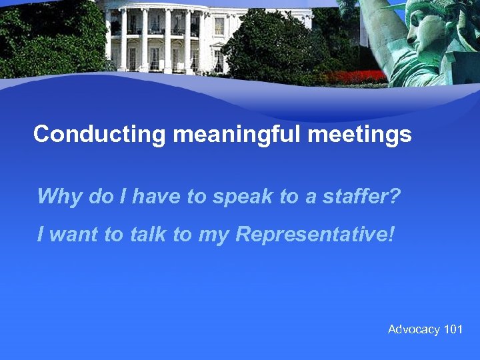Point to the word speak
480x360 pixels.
click(234, 197)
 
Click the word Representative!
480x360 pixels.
click(315, 235)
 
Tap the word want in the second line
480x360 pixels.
click(74, 235)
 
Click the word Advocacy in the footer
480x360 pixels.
click(413, 329)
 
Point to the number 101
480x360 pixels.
click(453, 329)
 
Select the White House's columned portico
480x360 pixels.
click(157, 40)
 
